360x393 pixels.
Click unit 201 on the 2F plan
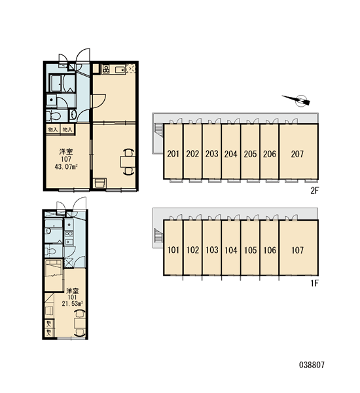[x=173, y=151]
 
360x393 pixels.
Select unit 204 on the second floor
[x=231, y=151]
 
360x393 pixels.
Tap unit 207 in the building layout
[x=298, y=151]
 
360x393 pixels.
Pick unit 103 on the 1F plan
[x=211, y=248]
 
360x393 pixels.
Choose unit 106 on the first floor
[x=270, y=248]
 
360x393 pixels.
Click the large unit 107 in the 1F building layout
[x=298, y=248]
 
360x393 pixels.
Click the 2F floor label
[x=314, y=191]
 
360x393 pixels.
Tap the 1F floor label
[x=314, y=284]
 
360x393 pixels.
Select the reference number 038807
[x=312, y=365]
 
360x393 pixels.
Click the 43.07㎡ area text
[x=66, y=166]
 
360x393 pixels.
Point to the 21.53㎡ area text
[x=73, y=303]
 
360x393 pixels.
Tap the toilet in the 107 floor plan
[x=54, y=116]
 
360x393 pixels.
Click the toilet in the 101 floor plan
[x=51, y=251]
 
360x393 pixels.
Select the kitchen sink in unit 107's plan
[x=120, y=69]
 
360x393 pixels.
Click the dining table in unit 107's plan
[x=128, y=162]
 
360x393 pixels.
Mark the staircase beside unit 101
[x=158, y=235]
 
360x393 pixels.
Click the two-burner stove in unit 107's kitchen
[x=106, y=69]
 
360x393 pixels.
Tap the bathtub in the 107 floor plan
[x=56, y=83]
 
